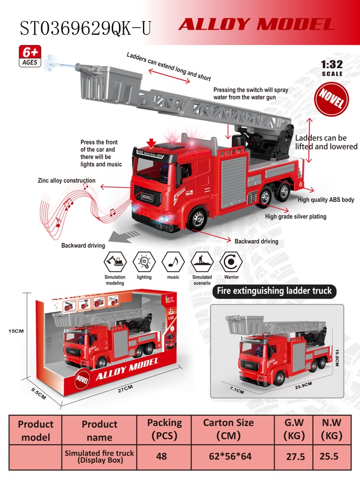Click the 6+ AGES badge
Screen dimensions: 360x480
(x=30, y=56)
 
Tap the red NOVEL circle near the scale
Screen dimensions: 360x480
(x=332, y=99)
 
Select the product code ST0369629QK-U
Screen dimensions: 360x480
(x=86, y=28)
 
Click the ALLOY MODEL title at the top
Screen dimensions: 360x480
(x=256, y=24)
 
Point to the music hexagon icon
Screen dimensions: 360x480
(x=173, y=262)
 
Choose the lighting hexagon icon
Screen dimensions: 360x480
(x=144, y=262)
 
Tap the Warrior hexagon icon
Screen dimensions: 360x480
(x=231, y=262)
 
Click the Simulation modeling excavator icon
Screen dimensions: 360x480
(x=115, y=262)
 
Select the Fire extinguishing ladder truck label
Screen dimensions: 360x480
(x=274, y=291)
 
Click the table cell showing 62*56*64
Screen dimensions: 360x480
(x=230, y=456)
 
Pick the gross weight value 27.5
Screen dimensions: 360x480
(x=295, y=457)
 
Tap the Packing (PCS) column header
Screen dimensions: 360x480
(x=164, y=429)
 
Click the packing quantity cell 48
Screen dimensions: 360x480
(x=161, y=456)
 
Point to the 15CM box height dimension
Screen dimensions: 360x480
(x=16, y=331)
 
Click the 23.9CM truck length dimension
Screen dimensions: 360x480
(x=303, y=385)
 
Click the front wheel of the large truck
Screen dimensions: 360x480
(x=198, y=218)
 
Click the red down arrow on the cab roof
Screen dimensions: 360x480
(x=151, y=143)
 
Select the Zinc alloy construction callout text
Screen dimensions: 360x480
(x=66, y=180)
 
